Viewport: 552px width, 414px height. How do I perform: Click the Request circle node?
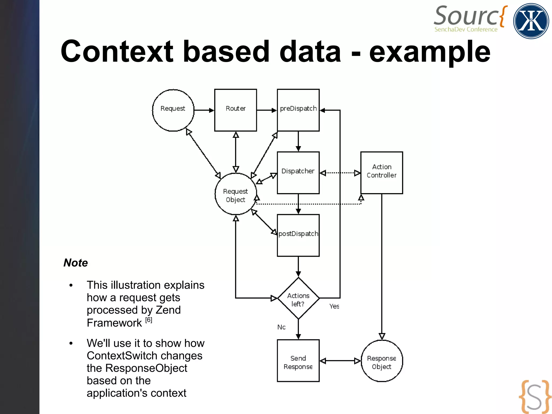coord(173,110)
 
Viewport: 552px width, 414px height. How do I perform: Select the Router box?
coord(236,110)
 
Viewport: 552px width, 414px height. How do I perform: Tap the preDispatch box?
coord(298,110)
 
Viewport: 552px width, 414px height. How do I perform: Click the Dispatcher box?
coord(298,173)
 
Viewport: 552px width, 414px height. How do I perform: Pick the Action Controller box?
coord(382,173)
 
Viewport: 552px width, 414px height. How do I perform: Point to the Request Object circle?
coord(236,194)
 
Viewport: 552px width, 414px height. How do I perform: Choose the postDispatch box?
coord(298,235)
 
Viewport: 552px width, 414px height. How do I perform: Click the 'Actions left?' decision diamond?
coord(298,298)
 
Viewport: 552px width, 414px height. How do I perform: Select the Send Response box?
coord(298,361)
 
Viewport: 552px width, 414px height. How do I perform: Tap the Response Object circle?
coord(382,361)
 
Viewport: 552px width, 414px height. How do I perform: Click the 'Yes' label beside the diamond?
coord(334,306)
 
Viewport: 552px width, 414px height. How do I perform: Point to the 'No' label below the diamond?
coord(281,327)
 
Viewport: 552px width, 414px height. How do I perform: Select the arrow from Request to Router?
coord(204,110)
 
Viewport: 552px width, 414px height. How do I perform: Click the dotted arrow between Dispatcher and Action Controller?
coord(340,173)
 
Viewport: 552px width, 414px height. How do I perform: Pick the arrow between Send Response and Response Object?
coord(340,361)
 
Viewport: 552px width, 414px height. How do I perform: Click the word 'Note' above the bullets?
coord(76,263)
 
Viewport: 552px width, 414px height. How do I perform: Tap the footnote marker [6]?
coord(149,320)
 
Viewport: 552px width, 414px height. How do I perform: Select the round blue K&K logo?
coord(531,21)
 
